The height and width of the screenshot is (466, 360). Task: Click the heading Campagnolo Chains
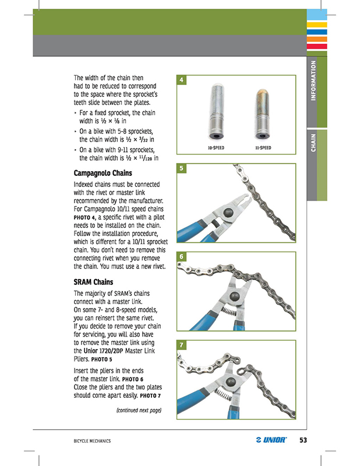pos(103,174)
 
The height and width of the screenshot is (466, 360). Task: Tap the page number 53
pos(303,440)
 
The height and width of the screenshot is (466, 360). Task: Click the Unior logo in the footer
pos(271,440)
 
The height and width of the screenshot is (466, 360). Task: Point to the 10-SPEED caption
pos(216,148)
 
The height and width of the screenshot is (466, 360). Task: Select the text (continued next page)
pos(139,410)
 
